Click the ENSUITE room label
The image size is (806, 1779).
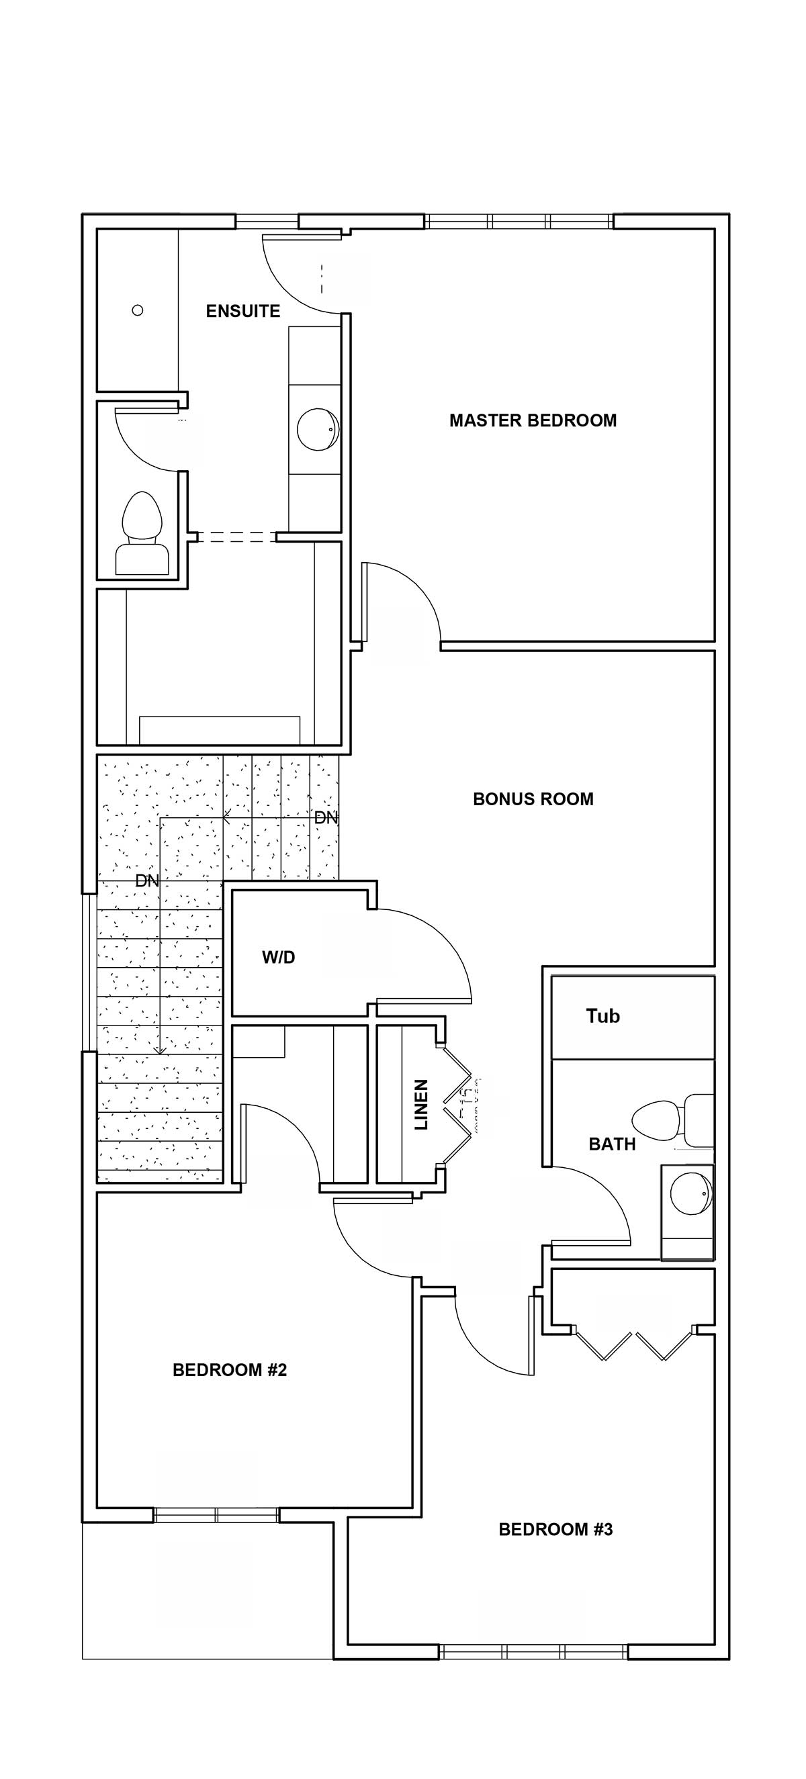(x=243, y=312)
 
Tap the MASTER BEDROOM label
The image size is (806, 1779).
(x=533, y=420)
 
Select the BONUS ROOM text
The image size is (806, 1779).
(x=533, y=799)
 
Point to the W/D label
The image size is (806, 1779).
(x=278, y=957)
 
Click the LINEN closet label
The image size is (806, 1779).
(x=421, y=1104)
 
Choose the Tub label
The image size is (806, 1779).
(x=603, y=1016)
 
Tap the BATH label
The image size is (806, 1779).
(x=612, y=1144)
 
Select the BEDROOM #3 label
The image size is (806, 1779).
(x=556, y=1530)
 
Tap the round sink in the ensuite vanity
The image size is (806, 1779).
(x=318, y=429)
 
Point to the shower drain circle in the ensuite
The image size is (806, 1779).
(x=138, y=311)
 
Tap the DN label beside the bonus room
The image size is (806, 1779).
(x=326, y=818)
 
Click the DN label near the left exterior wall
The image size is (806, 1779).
(x=147, y=881)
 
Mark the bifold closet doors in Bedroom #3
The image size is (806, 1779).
(x=633, y=1343)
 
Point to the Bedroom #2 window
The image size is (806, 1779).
(x=216, y=1515)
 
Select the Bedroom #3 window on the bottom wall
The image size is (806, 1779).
(x=533, y=1652)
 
